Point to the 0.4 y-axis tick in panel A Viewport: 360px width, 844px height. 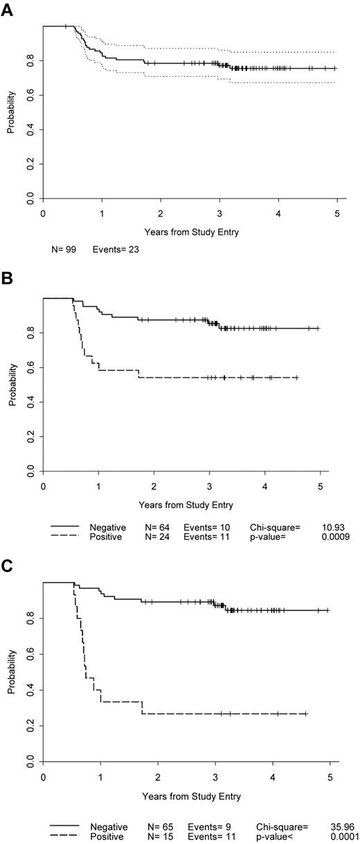[30, 129]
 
